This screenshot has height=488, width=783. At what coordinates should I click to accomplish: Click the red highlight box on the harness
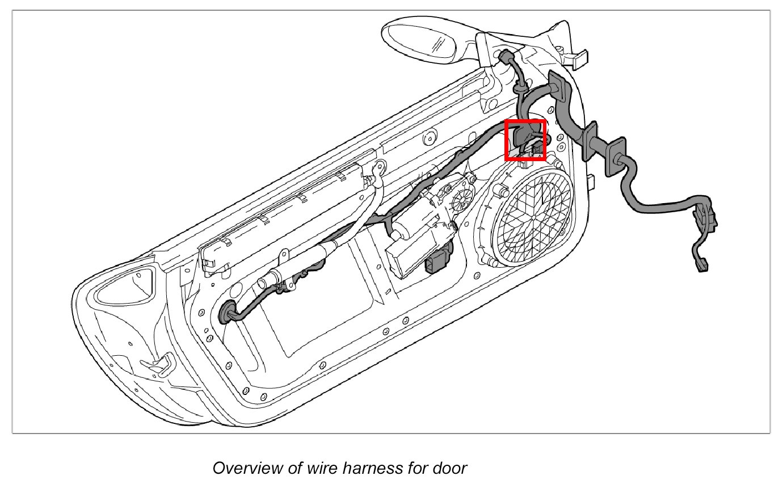[525, 140]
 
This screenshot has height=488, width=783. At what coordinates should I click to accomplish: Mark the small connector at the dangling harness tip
[702, 264]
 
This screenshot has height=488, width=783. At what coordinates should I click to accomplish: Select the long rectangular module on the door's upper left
[284, 210]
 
